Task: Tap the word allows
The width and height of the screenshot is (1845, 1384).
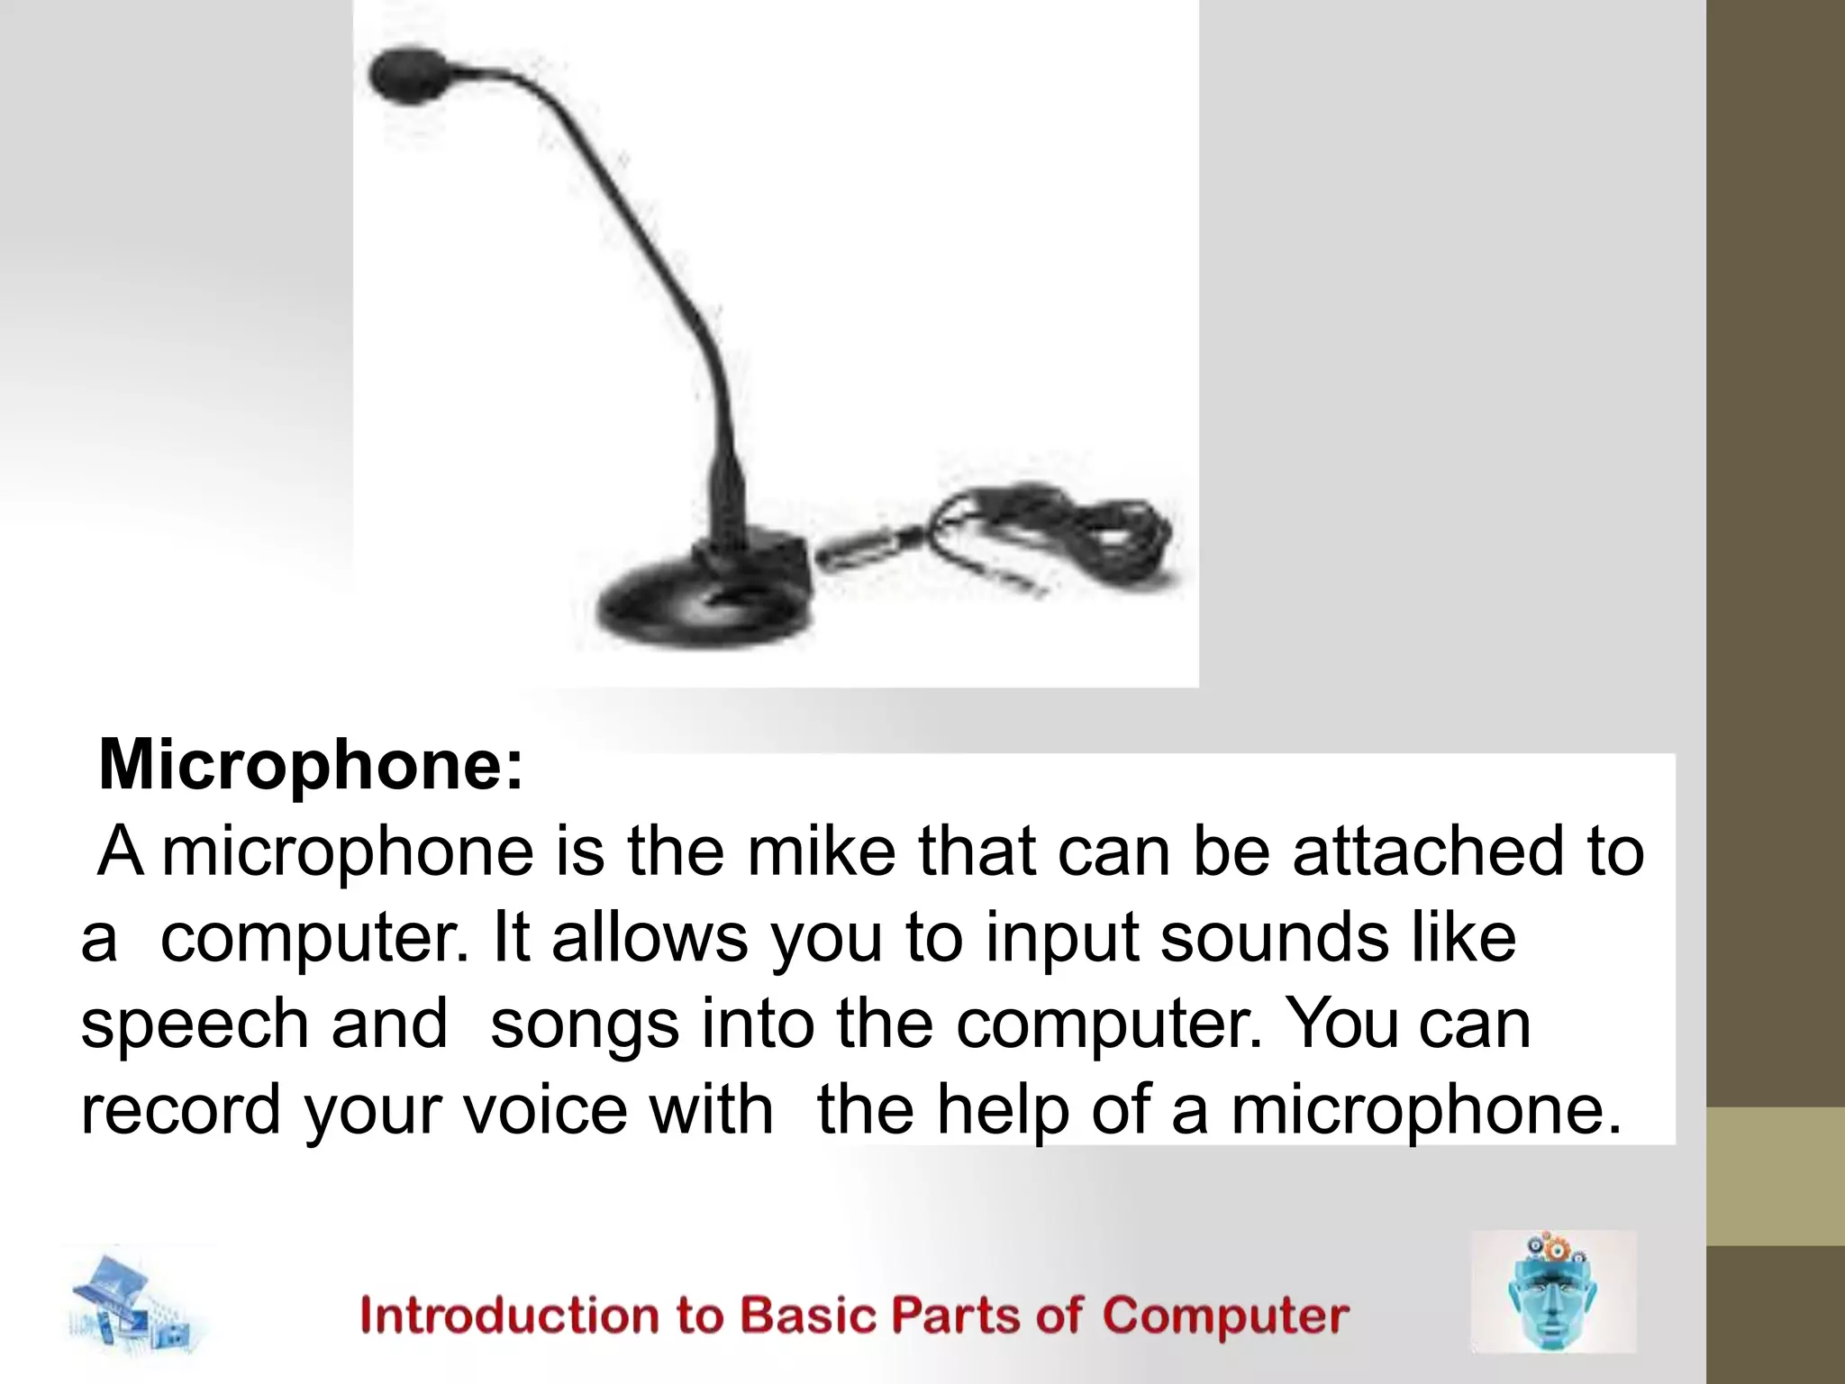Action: point(649,938)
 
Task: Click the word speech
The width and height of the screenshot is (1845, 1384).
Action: point(194,1024)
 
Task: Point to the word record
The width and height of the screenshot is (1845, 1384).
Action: point(180,1110)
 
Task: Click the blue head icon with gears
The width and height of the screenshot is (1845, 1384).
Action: point(1551,1293)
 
